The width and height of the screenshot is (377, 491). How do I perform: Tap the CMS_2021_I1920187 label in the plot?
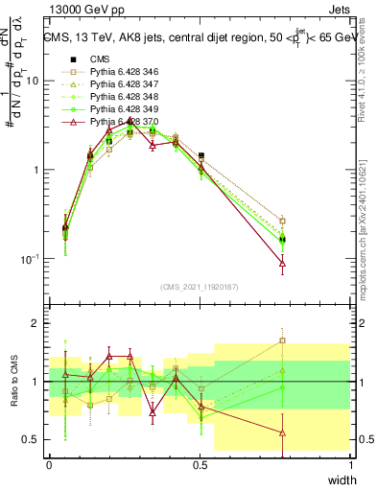[x=200, y=287]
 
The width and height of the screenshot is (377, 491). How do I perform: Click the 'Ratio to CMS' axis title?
[x=13, y=384]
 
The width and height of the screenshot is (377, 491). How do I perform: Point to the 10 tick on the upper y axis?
[x=34, y=81]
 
